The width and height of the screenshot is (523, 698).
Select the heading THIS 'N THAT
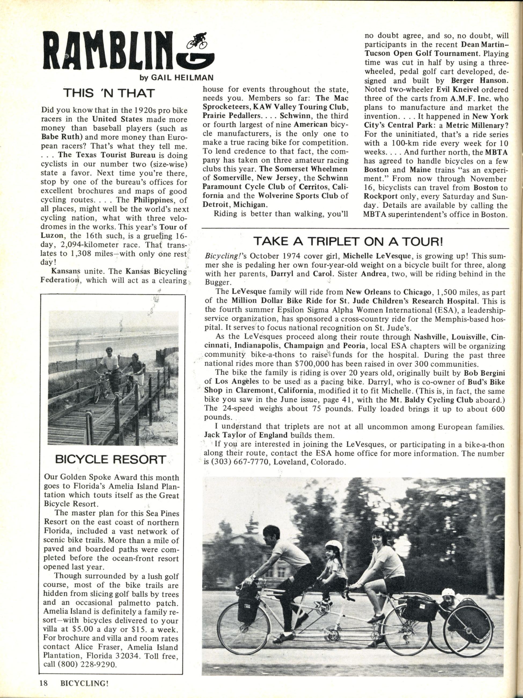109,94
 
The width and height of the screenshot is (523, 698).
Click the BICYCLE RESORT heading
110,459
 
